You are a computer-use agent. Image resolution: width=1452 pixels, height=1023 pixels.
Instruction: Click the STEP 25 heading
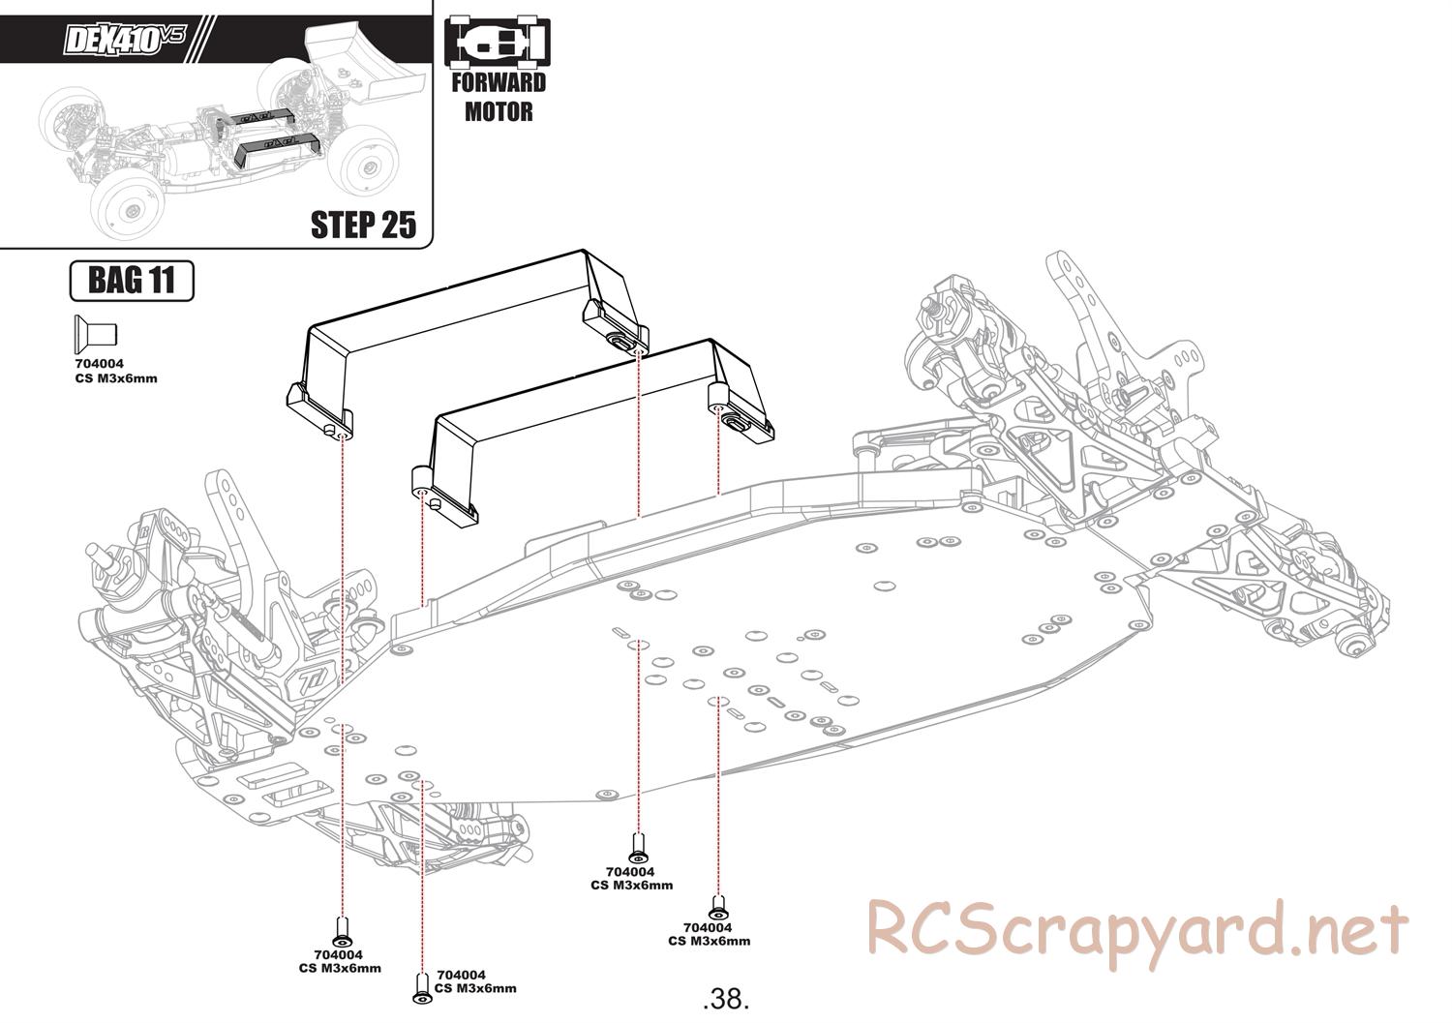click(x=363, y=224)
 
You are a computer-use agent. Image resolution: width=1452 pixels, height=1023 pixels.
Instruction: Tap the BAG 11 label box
click(x=132, y=281)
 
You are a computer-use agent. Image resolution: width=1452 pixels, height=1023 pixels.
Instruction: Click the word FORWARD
click(x=499, y=83)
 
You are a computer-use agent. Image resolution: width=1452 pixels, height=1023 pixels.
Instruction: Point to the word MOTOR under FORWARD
click(x=499, y=111)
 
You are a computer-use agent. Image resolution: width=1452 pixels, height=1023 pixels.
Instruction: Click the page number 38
click(x=727, y=998)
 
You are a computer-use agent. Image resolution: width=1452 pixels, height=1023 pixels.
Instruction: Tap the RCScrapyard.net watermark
click(x=1136, y=928)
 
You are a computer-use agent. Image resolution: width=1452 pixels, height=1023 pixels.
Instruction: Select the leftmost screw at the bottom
click(x=341, y=932)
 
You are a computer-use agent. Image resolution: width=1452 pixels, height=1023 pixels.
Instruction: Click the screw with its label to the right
click(x=421, y=986)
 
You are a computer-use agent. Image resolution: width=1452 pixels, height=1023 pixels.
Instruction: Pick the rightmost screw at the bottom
click(x=717, y=908)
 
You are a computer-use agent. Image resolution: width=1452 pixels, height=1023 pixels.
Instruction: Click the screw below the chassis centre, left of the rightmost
click(x=638, y=846)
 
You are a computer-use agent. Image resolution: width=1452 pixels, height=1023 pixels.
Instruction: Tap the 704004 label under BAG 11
click(x=99, y=364)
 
